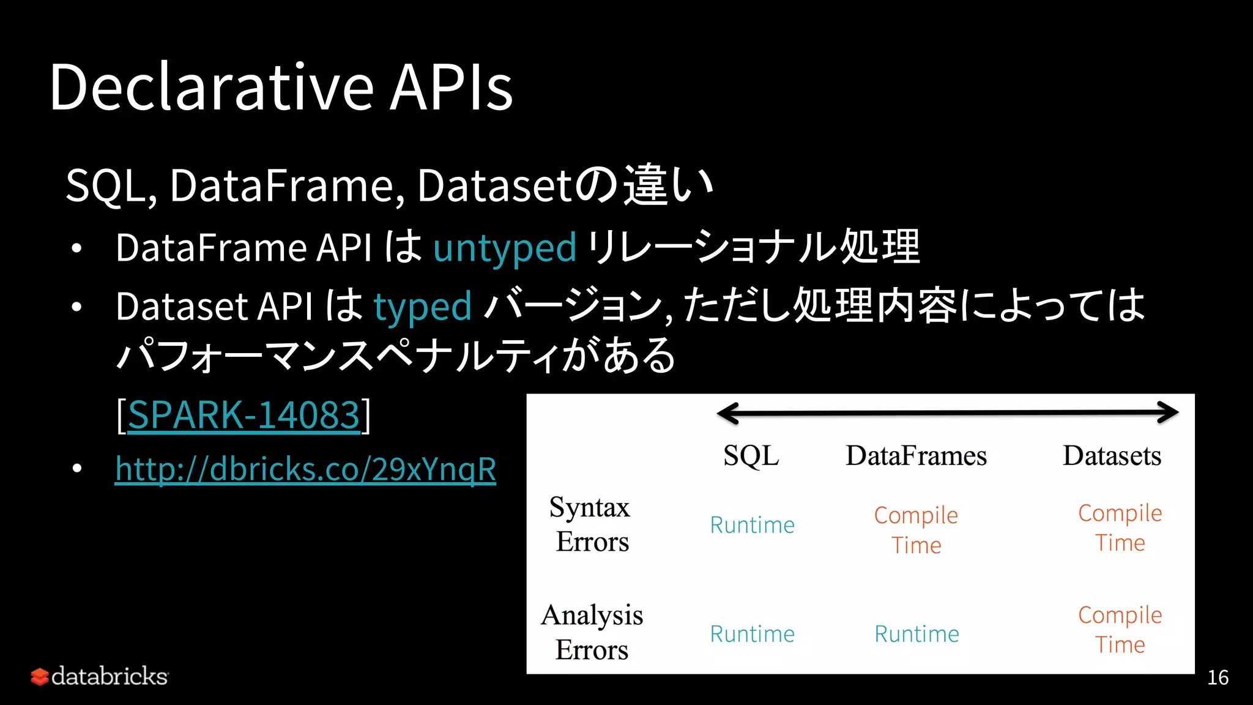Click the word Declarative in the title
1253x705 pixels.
tap(211, 88)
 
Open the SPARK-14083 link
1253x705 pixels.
tap(244, 415)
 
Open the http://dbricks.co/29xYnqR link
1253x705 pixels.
tap(305, 469)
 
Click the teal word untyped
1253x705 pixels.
tap(505, 248)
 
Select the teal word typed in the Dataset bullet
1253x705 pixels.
tap(422, 306)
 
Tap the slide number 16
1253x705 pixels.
tap(1218, 677)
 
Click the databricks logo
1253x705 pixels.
tap(100, 676)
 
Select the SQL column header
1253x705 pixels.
tap(751, 456)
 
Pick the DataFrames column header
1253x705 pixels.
tap(916, 456)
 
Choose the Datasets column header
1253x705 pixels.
tap(1112, 456)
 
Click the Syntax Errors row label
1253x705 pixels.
tap(591, 524)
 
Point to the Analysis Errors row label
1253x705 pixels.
tap(592, 632)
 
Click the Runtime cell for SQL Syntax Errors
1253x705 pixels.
tap(752, 525)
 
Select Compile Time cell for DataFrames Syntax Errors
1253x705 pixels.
tap(916, 530)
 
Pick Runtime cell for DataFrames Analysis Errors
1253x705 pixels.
tap(917, 634)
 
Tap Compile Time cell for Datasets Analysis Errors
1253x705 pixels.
tap(1120, 629)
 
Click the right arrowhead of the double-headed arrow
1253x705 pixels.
tap(1170, 412)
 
